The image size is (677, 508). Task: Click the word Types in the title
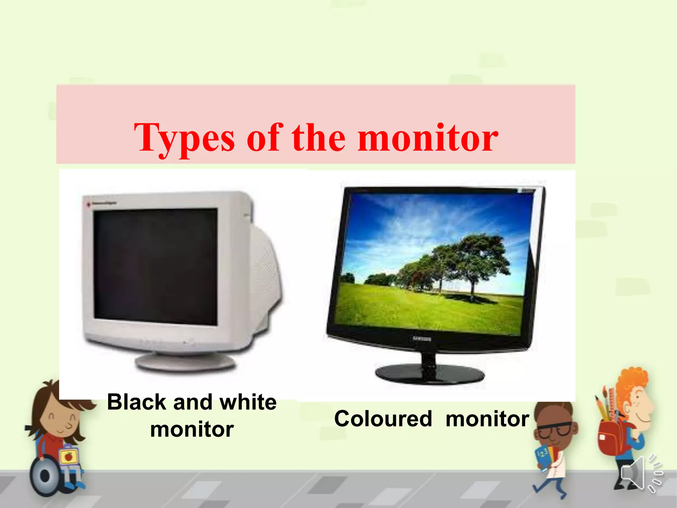point(184,138)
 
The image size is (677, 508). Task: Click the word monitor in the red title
point(428,138)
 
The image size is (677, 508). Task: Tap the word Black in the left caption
point(137,402)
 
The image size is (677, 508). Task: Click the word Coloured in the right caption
point(383,419)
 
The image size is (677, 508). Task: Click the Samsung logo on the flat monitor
point(422,339)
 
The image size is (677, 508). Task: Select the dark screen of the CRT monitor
point(155,266)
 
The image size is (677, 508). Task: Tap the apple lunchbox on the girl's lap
point(69,456)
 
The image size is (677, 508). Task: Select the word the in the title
point(319,138)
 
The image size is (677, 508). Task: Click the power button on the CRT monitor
point(190,341)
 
